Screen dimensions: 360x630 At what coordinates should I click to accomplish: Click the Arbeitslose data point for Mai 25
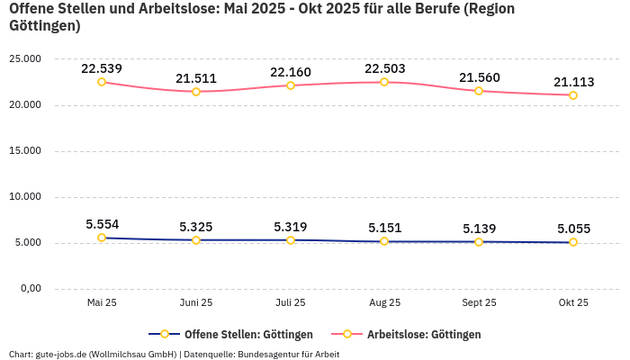point(102,82)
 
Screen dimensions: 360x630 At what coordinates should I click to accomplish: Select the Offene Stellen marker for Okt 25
point(573,242)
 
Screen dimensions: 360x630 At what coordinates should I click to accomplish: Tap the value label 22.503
point(384,68)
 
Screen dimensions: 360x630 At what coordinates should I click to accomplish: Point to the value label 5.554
point(102,224)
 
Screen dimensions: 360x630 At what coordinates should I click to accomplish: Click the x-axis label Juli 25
point(290,303)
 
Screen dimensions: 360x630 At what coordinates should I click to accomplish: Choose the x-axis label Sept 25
point(479,303)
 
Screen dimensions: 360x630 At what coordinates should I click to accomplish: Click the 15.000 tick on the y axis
point(25,151)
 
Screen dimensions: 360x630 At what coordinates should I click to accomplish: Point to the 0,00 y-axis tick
point(30,289)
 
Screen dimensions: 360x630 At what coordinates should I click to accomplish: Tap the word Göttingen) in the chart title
point(45,26)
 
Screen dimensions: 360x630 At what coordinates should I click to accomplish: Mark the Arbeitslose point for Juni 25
point(196,91)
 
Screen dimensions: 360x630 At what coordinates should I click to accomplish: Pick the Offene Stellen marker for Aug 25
point(384,241)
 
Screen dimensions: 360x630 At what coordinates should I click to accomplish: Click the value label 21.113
point(573,82)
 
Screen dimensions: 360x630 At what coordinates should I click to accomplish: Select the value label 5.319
point(290,227)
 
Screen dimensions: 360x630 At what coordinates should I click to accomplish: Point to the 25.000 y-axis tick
point(25,59)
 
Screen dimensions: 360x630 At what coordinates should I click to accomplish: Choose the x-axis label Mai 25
point(102,303)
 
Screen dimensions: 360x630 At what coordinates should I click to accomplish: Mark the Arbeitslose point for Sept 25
point(479,91)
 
